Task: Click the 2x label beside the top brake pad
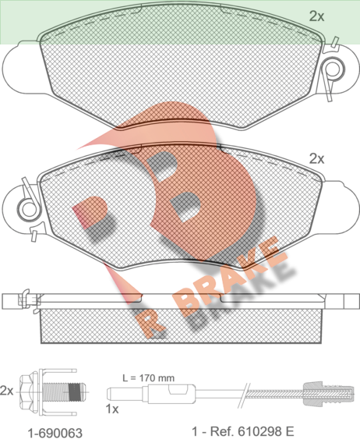point(316,16)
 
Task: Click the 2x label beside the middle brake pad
point(316,159)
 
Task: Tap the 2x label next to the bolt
point(6,391)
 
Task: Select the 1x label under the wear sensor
point(112,409)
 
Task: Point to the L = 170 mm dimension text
point(149,378)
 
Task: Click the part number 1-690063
point(55,433)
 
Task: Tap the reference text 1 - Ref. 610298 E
point(243,431)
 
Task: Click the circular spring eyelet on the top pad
point(333,68)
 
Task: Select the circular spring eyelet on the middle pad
point(28,208)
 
